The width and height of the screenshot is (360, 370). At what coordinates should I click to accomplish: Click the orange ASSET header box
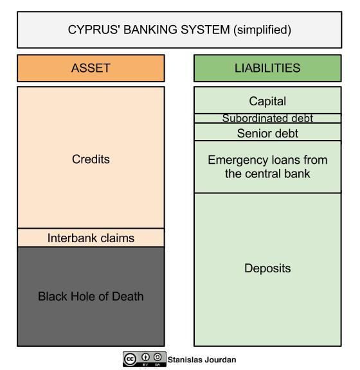pyautogui.click(x=91, y=68)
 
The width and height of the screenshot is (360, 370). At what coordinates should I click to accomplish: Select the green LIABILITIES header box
pyautogui.click(x=267, y=68)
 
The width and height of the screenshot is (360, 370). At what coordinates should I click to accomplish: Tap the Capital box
pyautogui.click(x=267, y=100)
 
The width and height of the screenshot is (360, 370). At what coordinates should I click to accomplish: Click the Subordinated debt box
pyautogui.click(x=267, y=118)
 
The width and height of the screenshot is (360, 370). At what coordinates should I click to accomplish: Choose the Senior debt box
pyautogui.click(x=267, y=132)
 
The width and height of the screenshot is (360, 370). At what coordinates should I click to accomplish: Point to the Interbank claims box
pyautogui.click(x=91, y=238)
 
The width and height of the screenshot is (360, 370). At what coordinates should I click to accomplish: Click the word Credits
pyautogui.click(x=91, y=159)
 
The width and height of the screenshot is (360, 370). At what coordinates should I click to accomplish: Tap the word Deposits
pyautogui.click(x=267, y=269)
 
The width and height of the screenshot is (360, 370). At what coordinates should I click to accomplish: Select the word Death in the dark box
pyautogui.click(x=127, y=296)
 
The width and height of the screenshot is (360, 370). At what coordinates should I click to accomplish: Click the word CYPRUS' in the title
pyautogui.click(x=94, y=30)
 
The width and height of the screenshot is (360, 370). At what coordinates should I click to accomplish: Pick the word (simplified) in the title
pyautogui.click(x=262, y=30)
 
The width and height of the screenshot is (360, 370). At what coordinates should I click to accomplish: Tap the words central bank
pyautogui.click(x=277, y=173)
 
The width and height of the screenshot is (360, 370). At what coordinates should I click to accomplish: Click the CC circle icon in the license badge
pyautogui.click(x=130, y=359)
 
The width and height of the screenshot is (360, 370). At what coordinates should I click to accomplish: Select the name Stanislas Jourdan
pyautogui.click(x=202, y=360)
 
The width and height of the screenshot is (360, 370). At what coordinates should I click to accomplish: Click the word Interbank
pyautogui.click(x=73, y=238)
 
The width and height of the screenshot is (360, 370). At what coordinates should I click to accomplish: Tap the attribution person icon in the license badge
pyautogui.click(x=145, y=357)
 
